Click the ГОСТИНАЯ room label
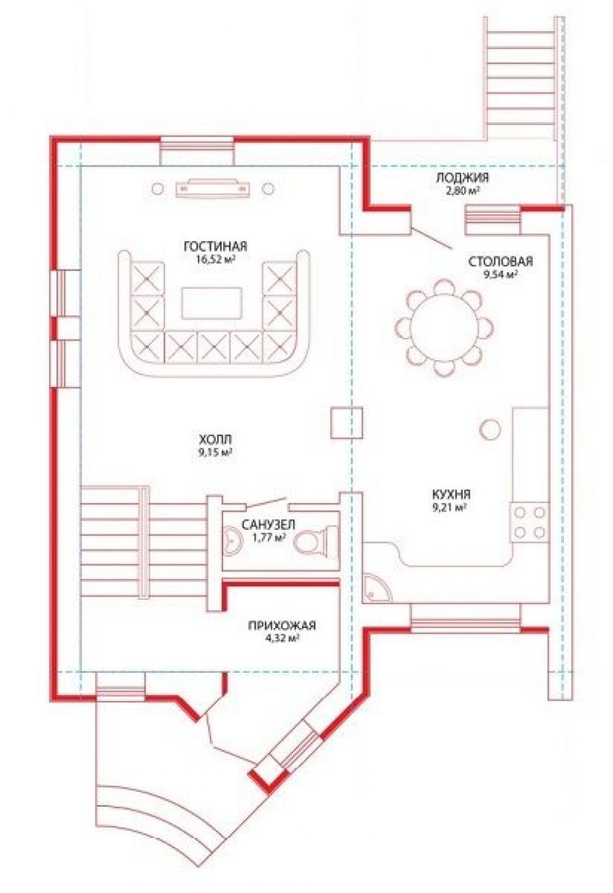[216, 247]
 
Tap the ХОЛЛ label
[216, 440]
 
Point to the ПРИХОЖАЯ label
[282, 625]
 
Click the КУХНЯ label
[451, 495]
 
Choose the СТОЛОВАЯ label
[501, 261]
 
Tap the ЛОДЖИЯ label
[462, 178]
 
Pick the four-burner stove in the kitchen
[530, 522]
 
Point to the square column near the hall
[346, 423]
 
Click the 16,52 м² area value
[215, 259]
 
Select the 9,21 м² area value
[452, 507]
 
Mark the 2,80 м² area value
[462, 190]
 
